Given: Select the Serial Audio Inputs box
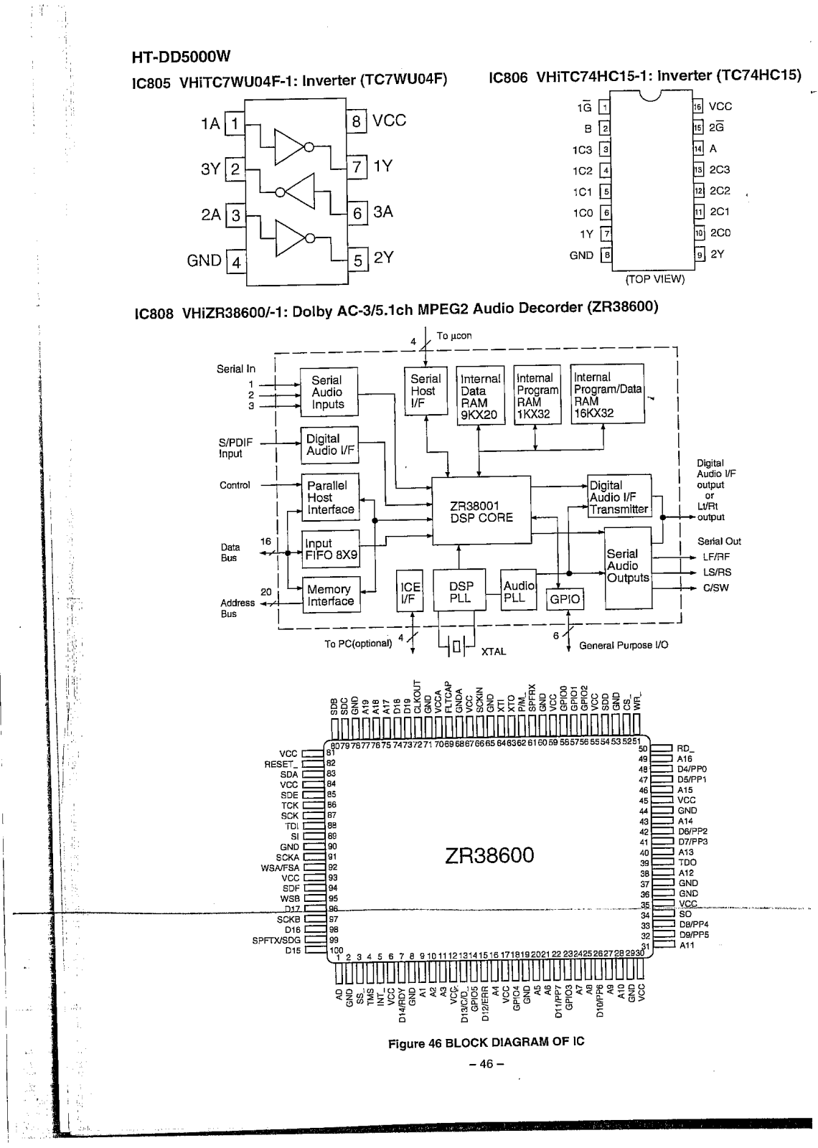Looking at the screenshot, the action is click(328, 392).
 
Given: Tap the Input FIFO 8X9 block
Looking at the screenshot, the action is click(330, 549).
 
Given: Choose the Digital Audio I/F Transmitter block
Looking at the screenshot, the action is click(619, 497).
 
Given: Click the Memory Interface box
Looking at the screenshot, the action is click(330, 595).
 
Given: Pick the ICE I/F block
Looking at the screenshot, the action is click(410, 592).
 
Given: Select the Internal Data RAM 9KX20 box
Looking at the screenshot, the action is click(480, 396).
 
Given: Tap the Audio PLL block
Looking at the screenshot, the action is click(519, 591).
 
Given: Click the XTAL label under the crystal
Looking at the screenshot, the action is click(494, 651).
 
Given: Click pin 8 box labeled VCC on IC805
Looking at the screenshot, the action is click(356, 121).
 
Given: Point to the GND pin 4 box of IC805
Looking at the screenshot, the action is click(235, 261).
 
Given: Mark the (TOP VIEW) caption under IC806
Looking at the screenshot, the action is click(655, 279).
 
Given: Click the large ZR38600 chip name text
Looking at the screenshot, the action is click(489, 855).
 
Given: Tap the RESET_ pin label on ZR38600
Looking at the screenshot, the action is click(281, 764).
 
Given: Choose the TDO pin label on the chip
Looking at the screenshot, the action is click(687, 862).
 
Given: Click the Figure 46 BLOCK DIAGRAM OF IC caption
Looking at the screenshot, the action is click(486, 1042).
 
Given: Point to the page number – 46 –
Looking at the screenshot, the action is click(486, 1064).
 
